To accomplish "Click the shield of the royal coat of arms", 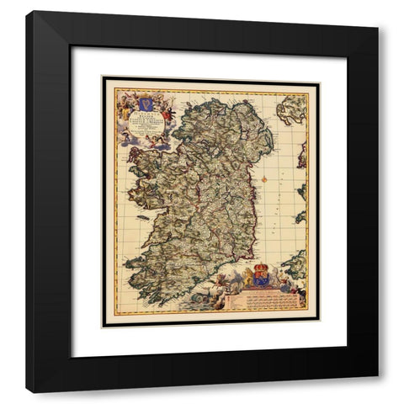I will click(259, 279).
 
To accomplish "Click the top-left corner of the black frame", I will click(26, 12).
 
